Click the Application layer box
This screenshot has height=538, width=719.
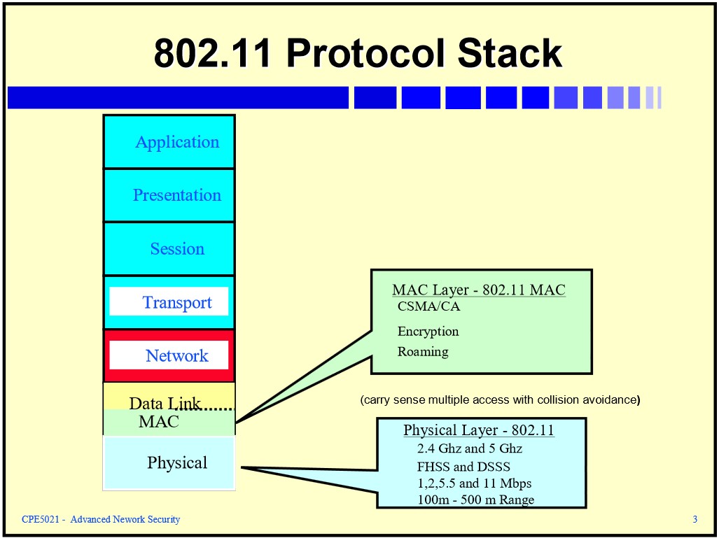169,141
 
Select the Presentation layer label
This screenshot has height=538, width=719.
177,195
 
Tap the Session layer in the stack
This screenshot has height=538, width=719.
169,249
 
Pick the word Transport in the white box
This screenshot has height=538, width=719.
177,302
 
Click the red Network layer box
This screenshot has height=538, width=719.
169,355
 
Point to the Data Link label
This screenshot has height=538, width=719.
165,403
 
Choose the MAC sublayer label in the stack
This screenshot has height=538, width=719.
159,421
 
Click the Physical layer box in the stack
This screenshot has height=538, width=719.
169,463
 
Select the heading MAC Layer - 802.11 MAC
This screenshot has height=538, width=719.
479,290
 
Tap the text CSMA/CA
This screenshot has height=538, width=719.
428,306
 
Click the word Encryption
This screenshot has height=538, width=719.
428,332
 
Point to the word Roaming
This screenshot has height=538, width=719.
423,351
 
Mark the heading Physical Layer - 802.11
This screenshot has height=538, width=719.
479,430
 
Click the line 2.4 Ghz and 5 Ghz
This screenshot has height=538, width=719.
470,448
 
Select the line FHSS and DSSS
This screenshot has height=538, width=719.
463,467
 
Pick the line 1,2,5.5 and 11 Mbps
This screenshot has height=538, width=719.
474,483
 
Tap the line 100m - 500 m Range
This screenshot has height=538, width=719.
475,500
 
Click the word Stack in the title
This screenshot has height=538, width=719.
510,52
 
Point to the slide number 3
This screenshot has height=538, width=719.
695,519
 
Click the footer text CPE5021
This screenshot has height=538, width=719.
41,519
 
